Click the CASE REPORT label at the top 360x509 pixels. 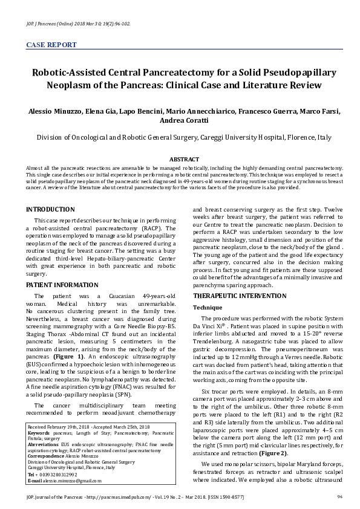pyautogui.click(x=51, y=45)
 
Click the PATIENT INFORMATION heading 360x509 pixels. pyautogui.click(x=62, y=284)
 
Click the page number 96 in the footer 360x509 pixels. pyautogui.click(x=340, y=498)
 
